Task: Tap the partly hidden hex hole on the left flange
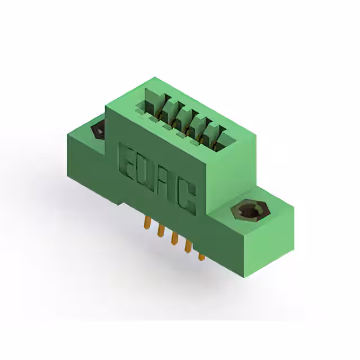click(98, 130)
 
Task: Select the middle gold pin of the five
click(174, 240)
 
